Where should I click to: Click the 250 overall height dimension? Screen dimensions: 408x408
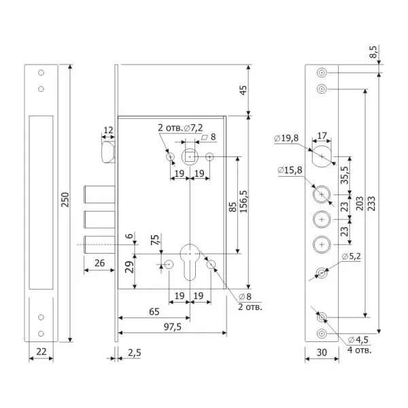pos(65,199)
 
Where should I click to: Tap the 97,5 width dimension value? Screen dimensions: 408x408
pos(173,327)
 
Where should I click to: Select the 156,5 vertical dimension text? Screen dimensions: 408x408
pos(243,202)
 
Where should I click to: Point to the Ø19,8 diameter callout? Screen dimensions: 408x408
pos(286,138)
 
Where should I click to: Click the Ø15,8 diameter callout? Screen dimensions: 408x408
pos(290,170)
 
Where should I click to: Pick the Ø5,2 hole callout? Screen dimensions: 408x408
pos(352,256)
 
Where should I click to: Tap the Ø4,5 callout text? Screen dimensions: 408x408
pos(358,339)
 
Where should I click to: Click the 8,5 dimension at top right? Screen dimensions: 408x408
pos(373,52)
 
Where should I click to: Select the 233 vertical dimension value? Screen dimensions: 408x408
pos(372,203)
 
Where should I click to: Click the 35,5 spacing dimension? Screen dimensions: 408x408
pos(345,175)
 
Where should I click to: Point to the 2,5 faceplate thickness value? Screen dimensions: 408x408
pos(135,352)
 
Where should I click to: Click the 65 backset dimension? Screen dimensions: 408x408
pos(154,311)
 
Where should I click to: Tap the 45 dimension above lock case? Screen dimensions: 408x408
pos(243,90)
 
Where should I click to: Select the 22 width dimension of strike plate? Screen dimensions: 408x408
pos(41,352)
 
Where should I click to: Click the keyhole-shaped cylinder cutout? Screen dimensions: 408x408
pos(190,262)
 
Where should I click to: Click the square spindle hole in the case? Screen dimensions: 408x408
pos(190,157)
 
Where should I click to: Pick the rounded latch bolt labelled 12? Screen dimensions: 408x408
pos(108,152)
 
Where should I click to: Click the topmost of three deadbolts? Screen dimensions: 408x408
pos(99,194)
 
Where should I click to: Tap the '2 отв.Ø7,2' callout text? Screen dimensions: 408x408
pos(180,128)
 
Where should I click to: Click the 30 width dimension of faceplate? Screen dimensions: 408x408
pos(322,352)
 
